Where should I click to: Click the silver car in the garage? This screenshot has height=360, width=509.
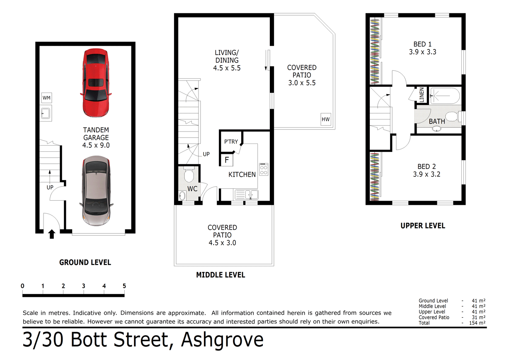[x=96, y=191]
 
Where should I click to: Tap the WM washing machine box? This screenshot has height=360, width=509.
[x=47, y=98]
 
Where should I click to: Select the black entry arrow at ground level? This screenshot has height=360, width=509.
[x=51, y=235]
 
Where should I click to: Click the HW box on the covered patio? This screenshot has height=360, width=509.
[x=325, y=120]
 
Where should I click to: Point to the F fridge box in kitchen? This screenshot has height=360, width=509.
[x=227, y=159]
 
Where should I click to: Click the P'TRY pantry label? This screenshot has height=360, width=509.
[x=231, y=141]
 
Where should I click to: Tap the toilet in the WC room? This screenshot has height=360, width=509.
[x=189, y=175]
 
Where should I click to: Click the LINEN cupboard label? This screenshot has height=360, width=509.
[x=422, y=95]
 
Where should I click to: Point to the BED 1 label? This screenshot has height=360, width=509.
[x=422, y=44]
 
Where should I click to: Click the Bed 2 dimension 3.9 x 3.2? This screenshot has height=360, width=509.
[x=427, y=174]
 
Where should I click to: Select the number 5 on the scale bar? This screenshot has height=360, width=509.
[x=124, y=286]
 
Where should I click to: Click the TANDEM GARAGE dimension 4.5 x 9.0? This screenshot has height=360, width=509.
[x=96, y=145]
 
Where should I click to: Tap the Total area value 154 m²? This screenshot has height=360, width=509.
[x=479, y=323]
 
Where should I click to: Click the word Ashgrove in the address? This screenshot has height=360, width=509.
[x=223, y=340]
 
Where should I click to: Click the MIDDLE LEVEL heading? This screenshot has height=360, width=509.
[x=221, y=275]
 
